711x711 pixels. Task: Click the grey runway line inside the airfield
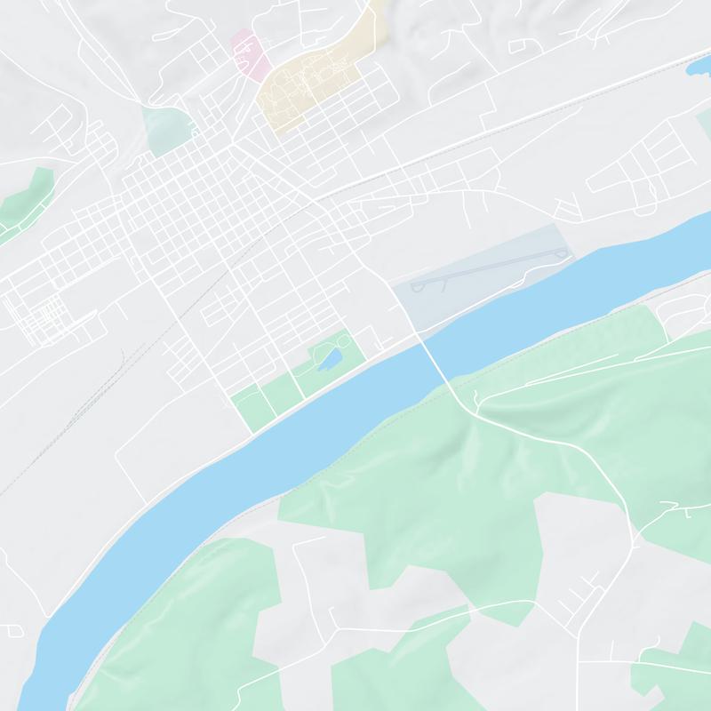pos(489,270)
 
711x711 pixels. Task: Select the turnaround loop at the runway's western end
pos(419,287)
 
